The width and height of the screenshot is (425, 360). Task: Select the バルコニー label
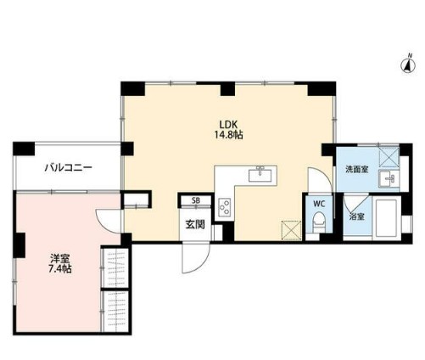pos(68,168)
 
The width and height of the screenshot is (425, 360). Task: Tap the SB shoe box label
pos(196,201)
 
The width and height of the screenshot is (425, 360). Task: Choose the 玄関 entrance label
pos(194,225)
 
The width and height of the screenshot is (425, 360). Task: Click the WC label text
pos(319,205)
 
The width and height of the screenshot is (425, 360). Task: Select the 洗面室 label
pos(356,170)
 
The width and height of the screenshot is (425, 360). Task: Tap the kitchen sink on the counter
pos(259,175)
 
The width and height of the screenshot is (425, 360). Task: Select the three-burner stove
pos(225,205)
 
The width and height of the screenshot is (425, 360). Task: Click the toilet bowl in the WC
pos(319,222)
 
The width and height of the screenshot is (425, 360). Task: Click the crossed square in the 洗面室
pos(389,156)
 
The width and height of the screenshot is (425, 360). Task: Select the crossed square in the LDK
pos(291,228)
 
